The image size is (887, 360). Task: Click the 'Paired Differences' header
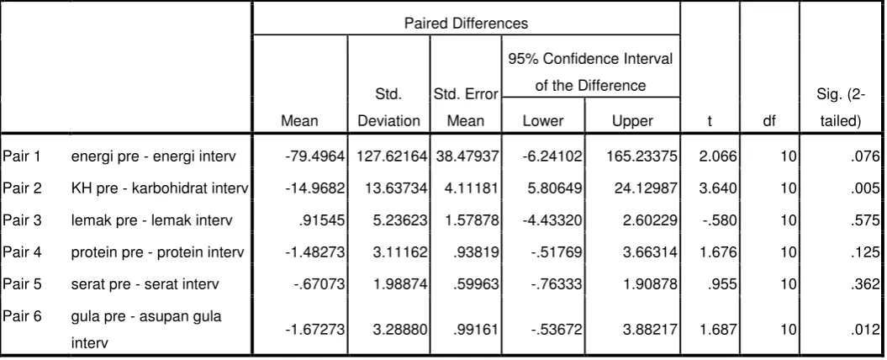(466, 24)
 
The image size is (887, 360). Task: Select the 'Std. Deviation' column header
(389, 108)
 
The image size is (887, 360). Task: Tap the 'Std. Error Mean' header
(466, 108)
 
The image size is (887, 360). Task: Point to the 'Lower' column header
(543, 120)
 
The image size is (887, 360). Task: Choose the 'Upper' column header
(632, 120)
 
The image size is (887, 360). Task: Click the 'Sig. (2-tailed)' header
(841, 108)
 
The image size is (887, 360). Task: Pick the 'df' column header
(769, 120)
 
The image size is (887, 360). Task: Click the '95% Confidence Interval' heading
(590, 59)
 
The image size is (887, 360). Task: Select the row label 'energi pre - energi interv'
(153, 156)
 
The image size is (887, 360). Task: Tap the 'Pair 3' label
(22, 220)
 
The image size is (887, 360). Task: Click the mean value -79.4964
(315, 156)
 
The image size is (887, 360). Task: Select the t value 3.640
(718, 188)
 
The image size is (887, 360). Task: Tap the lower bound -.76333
(557, 283)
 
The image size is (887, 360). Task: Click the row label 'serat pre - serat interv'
(145, 283)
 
